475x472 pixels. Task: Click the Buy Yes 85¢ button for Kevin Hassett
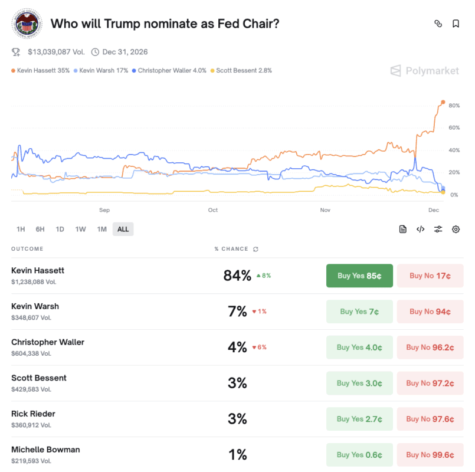359,276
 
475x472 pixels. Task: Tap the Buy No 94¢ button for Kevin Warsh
430,312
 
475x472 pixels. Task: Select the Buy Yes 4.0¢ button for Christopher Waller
359,348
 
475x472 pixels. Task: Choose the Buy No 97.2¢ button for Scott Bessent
430,383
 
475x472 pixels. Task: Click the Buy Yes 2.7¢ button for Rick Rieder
359,419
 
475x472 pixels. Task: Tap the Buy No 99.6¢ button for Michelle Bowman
430,455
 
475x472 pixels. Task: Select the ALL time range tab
123,230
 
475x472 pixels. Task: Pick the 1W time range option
81,230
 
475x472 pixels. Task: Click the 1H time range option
21,230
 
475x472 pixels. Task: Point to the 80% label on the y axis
454,106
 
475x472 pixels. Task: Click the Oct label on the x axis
212,210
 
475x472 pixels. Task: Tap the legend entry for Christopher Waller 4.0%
169,71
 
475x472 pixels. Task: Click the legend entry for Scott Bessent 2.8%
241,71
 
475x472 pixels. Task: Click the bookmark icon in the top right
456,24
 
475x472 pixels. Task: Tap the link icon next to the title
438,24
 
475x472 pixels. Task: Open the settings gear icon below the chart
456,230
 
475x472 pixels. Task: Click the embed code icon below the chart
420,230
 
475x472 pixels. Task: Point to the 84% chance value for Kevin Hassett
237,276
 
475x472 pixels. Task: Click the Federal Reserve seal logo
27,24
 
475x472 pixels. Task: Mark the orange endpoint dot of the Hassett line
443,102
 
